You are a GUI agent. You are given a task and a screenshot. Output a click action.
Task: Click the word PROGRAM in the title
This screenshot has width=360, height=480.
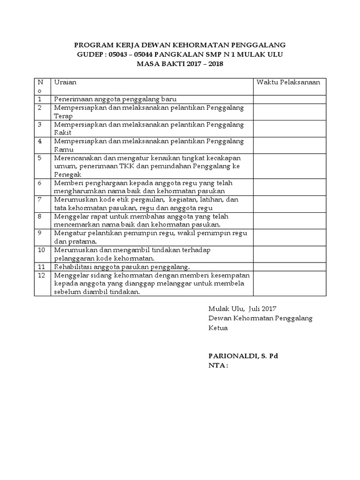tap(92, 45)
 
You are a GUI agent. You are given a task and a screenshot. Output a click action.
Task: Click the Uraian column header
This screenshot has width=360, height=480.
tap(65, 82)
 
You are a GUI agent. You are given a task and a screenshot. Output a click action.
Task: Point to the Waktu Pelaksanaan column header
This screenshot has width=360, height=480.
tap(288, 82)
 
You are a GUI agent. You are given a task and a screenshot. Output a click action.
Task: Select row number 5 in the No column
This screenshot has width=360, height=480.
tap(40, 158)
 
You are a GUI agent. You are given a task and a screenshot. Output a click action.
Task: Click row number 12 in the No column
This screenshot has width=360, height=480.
tap(42, 276)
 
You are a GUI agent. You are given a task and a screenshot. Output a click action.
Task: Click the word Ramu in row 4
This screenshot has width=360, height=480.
tap(62, 150)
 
